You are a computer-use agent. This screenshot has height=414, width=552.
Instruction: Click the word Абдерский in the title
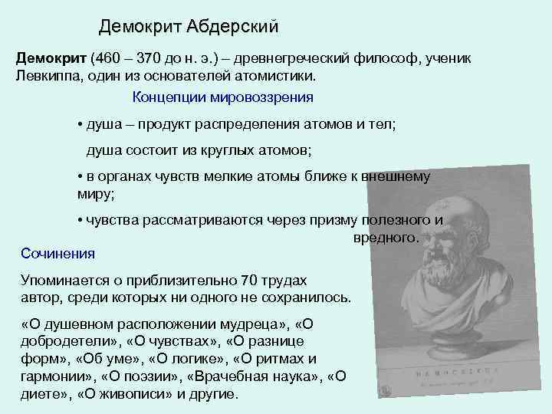(234, 28)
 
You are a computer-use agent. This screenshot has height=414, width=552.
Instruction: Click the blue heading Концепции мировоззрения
(222, 97)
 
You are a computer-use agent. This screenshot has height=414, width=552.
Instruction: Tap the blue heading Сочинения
(58, 253)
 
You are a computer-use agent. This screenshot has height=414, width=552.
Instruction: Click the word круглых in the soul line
(235, 149)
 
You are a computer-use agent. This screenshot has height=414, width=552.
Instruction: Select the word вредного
(386, 238)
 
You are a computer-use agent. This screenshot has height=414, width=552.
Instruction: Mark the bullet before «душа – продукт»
(80, 125)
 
